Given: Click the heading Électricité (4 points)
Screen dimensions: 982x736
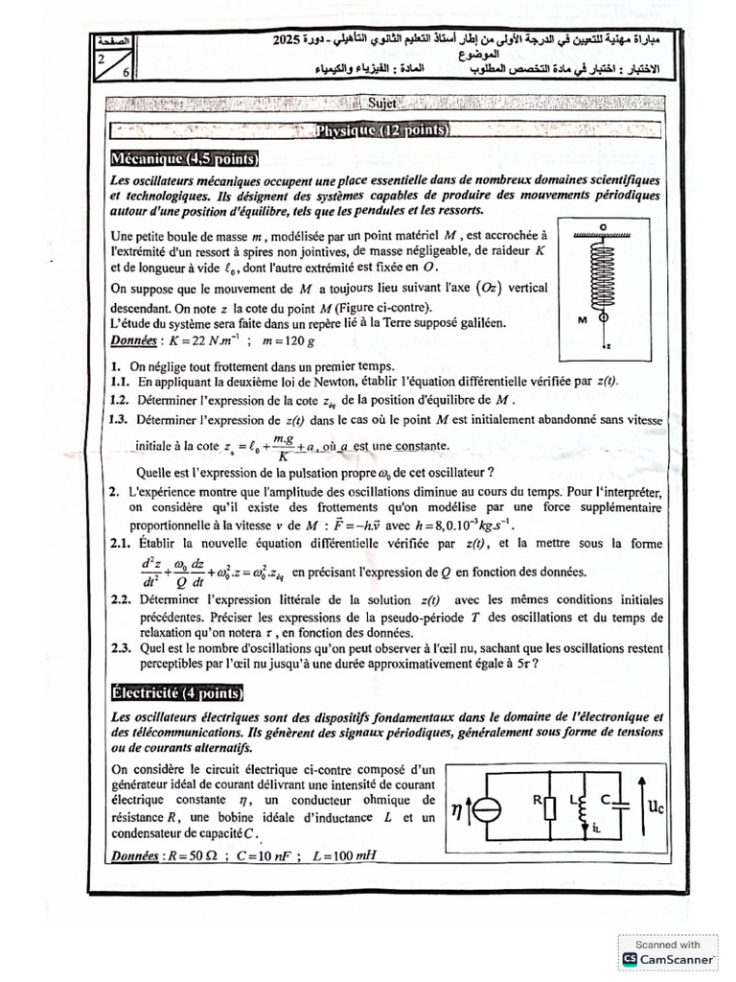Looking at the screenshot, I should [x=176, y=693].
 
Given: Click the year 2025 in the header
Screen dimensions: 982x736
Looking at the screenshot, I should [x=286, y=41].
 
